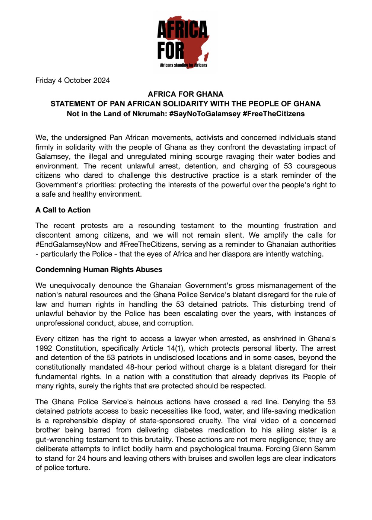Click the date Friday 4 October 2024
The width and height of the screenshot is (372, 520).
(x=72, y=80)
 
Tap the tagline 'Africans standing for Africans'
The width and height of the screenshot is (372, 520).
(x=183, y=65)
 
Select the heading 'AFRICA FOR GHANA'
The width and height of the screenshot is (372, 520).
(x=185, y=94)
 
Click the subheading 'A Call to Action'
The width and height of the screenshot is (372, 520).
(x=63, y=210)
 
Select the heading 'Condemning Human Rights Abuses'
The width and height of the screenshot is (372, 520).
(x=99, y=269)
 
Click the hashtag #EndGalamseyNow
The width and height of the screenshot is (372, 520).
(x=68, y=244)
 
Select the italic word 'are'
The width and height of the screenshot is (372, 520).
(x=154, y=386)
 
